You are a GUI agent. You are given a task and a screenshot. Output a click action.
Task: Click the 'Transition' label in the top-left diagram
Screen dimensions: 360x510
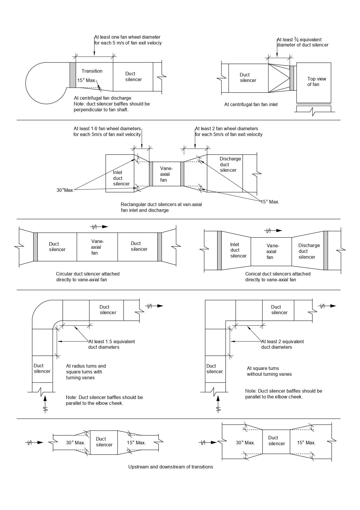point(92,71)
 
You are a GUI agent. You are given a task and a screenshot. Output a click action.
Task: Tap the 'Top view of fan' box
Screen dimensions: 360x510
point(314,83)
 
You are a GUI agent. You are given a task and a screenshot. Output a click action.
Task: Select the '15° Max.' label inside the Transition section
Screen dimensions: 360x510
point(86,80)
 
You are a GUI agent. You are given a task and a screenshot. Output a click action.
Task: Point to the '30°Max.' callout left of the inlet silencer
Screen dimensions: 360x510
point(65,190)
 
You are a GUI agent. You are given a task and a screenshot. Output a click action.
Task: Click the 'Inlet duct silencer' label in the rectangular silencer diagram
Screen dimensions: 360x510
point(121,178)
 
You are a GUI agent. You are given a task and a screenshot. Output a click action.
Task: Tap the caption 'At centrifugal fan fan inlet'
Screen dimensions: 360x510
point(251,104)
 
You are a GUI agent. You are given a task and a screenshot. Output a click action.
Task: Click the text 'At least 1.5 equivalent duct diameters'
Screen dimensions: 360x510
point(111,344)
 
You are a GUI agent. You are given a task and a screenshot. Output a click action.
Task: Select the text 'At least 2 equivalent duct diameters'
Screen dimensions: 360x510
point(282,344)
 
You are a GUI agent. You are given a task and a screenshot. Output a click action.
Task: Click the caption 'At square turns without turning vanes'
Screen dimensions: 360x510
point(269,371)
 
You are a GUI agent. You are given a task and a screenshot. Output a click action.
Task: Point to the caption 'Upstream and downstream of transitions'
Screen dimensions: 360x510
point(171,467)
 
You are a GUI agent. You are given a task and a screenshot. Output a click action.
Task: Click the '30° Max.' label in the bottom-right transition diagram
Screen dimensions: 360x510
point(245,443)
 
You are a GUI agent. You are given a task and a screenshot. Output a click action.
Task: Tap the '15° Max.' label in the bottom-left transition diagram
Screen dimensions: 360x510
point(136,443)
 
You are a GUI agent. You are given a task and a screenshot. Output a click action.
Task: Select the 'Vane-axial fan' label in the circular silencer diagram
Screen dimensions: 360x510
point(97,247)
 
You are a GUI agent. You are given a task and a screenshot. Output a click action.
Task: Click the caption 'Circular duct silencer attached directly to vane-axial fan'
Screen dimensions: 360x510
point(88,277)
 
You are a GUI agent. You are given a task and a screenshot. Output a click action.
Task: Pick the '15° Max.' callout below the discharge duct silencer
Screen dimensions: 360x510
point(270,202)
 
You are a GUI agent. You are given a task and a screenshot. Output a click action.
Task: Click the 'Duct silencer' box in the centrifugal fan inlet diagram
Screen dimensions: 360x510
point(248,78)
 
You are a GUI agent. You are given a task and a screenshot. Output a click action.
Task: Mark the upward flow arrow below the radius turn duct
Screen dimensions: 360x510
point(45,404)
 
